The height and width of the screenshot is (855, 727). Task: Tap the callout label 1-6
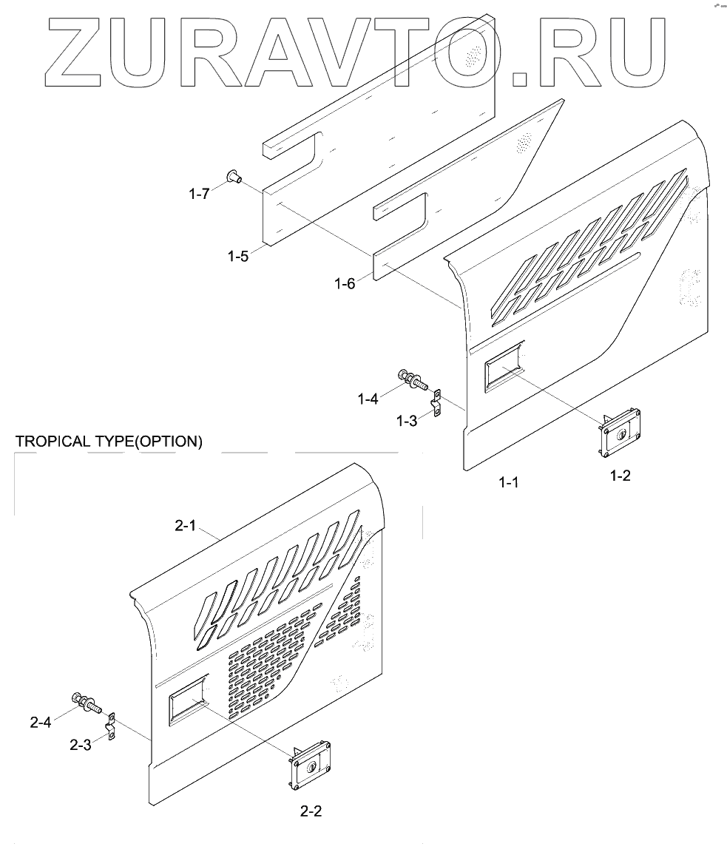click(345, 283)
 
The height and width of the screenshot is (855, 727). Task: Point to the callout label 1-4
click(368, 399)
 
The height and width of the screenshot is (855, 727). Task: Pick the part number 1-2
click(620, 476)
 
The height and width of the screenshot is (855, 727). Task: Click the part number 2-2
click(311, 811)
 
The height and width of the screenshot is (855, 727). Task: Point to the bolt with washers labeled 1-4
click(412, 379)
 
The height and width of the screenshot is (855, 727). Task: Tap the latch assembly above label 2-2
click(310, 764)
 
